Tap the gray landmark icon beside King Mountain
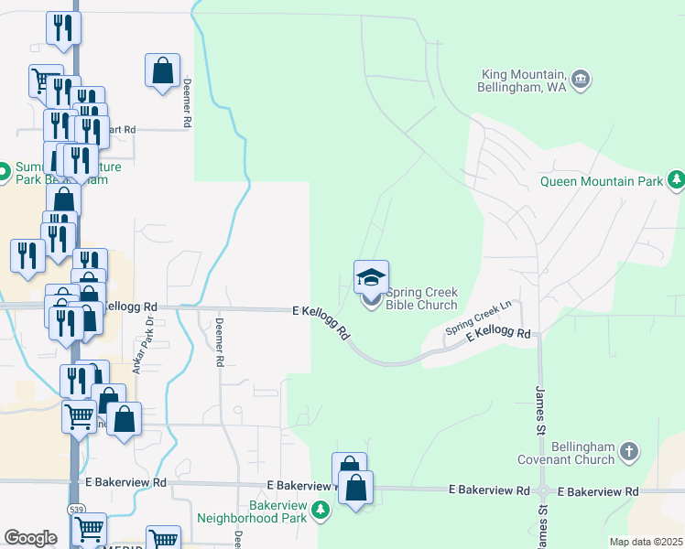pos(580,81)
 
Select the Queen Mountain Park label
pos(601,181)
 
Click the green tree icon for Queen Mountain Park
pos(676,180)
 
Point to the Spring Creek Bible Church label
pos(421,298)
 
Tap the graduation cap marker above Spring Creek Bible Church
pos(371,277)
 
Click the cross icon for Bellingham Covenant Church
pos(628,450)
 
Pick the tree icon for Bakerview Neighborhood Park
pos(320,510)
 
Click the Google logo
pos(31,538)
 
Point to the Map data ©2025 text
pos(645,542)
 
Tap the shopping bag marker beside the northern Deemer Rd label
pos(162,70)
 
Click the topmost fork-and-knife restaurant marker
pos(63,27)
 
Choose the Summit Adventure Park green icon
pos(5,169)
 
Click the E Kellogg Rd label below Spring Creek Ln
pos(498,335)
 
